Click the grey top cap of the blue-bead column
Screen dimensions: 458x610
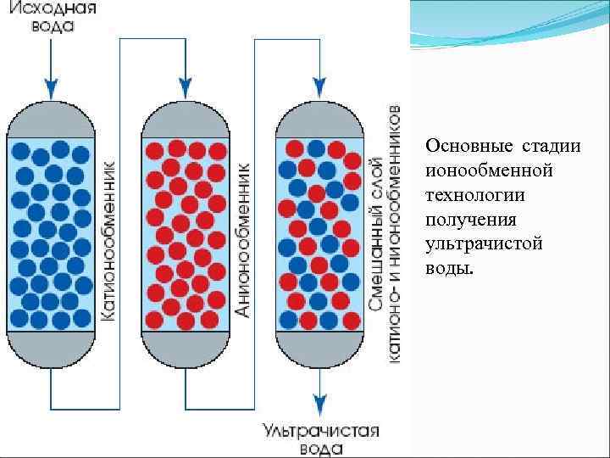(x=52, y=120)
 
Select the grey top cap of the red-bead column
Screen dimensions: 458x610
(x=186, y=120)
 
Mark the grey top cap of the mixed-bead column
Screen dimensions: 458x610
(x=319, y=120)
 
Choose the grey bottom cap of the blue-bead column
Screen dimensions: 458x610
(x=52, y=349)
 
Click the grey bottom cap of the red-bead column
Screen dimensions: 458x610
(x=186, y=349)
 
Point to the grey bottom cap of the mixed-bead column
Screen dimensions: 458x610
(x=319, y=349)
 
